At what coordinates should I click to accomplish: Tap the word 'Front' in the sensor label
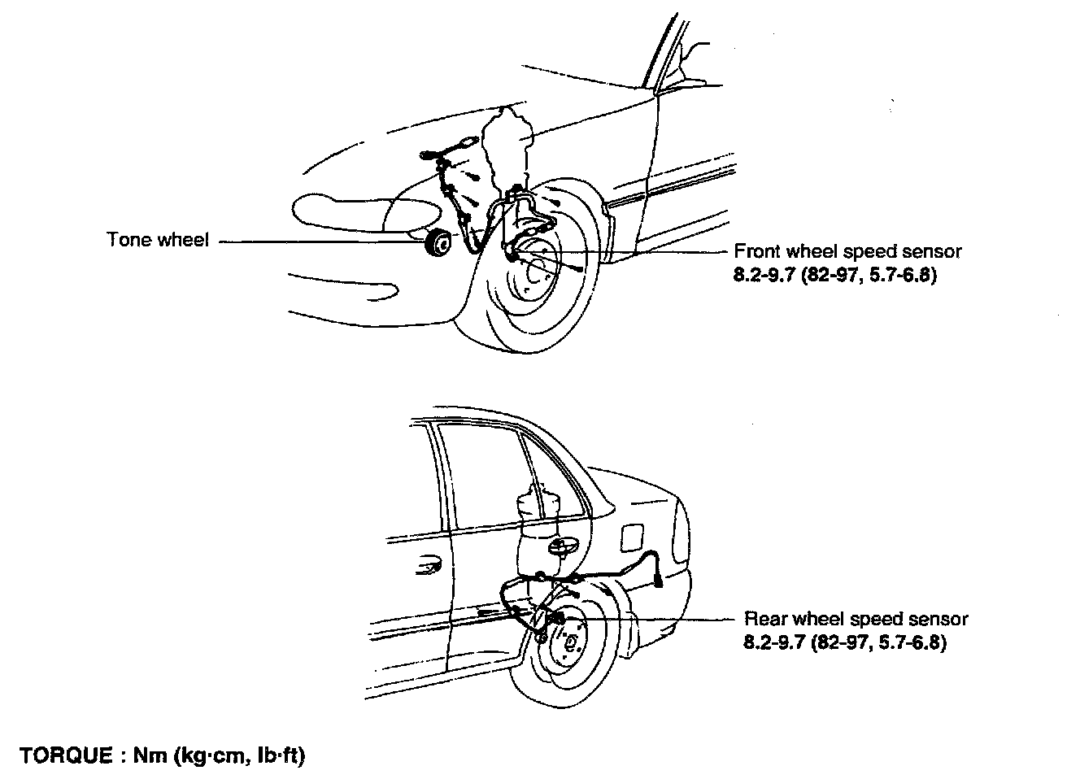click(x=756, y=251)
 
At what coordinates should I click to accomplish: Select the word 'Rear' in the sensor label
click(x=764, y=619)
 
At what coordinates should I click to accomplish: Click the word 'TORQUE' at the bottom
click(x=67, y=755)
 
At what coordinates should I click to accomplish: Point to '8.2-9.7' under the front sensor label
click(x=764, y=275)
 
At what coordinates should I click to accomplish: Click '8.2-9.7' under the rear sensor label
click(x=773, y=642)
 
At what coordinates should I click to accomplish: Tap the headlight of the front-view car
click(x=334, y=208)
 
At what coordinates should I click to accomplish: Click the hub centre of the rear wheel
click(x=570, y=644)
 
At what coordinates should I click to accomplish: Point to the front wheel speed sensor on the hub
click(x=514, y=255)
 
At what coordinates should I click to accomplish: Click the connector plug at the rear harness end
click(x=658, y=580)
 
